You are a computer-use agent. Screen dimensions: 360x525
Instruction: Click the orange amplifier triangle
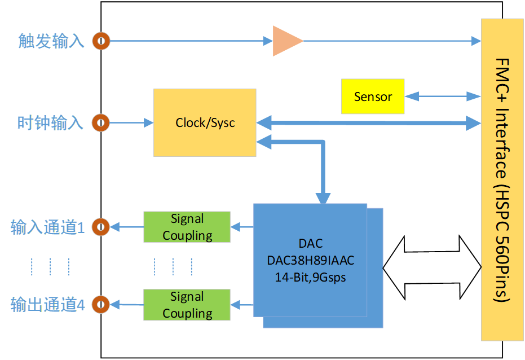(x=287, y=41)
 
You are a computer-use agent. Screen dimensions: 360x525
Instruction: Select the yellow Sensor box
(x=373, y=96)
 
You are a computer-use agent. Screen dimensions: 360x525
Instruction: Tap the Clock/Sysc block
(x=205, y=122)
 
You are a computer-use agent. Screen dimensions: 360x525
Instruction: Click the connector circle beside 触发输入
(x=102, y=41)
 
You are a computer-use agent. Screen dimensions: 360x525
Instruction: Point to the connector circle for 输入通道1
(x=101, y=227)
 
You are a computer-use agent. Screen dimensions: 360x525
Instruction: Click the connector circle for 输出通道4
(x=101, y=305)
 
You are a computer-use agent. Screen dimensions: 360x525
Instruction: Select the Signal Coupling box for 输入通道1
(x=187, y=227)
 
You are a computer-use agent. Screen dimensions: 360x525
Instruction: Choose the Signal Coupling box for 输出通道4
(x=187, y=305)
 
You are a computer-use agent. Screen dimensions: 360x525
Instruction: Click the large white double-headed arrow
(x=431, y=267)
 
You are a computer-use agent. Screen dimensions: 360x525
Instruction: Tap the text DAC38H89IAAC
(x=311, y=261)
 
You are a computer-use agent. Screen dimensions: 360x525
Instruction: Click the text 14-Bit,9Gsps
(x=311, y=277)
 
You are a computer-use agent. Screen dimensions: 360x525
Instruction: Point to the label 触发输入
(x=51, y=41)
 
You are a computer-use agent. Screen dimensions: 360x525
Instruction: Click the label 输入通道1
(x=48, y=228)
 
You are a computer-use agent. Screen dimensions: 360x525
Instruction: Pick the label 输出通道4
(x=48, y=306)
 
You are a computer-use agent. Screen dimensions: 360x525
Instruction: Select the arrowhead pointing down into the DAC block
(x=323, y=197)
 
